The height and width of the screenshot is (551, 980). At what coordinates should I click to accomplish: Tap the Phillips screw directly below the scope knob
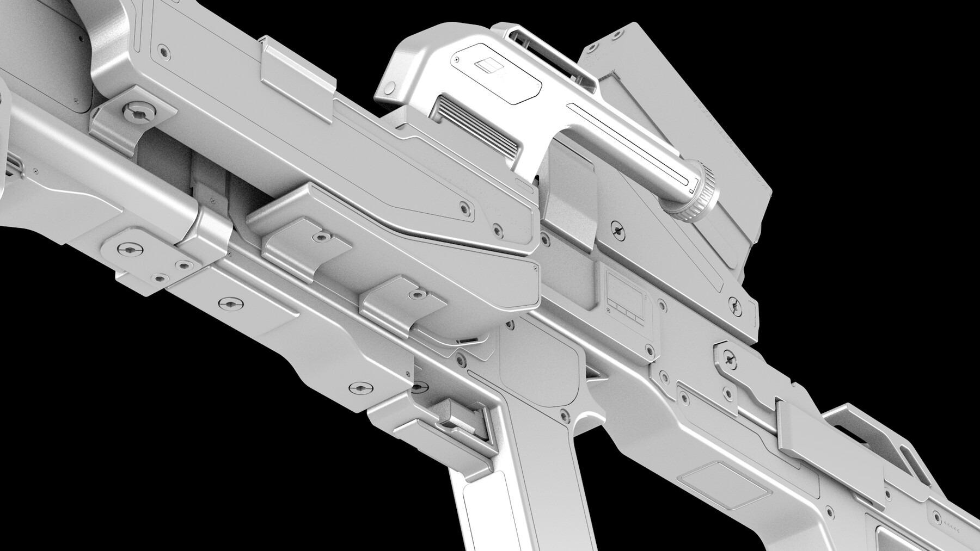616,229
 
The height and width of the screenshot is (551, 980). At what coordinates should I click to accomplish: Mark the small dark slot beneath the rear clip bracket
467,341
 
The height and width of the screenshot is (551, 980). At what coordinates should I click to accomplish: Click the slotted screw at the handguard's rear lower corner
362,388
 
